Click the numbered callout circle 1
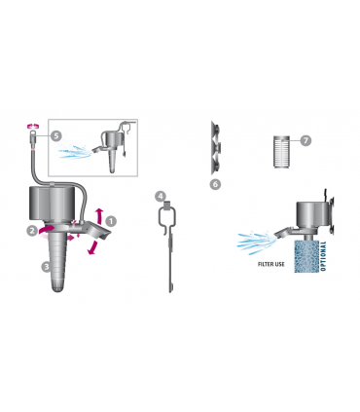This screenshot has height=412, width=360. pos(111,221)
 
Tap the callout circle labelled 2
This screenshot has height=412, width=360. pos(32,231)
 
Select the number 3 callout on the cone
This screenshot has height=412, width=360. pos(47,267)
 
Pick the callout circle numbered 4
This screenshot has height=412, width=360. pos(161,196)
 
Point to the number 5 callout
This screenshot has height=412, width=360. pos(56,135)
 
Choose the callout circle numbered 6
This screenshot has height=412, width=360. pos(215,184)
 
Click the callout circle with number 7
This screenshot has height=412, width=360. pos(306,140)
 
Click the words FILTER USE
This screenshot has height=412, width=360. pos(271,264)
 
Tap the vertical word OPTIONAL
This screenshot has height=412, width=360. pos(323,256)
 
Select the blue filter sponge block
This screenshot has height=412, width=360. pos(306,256)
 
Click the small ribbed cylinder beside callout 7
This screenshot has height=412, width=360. pos(281,151)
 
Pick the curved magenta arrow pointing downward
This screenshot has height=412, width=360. pos(93,247)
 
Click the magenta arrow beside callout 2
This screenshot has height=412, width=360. pos(47,230)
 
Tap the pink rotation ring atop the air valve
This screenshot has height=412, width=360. pos(33,126)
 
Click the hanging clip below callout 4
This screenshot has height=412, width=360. pos(169,246)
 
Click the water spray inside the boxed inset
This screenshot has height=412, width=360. pos(75,152)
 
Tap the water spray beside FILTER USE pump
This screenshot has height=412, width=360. pos(256,241)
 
